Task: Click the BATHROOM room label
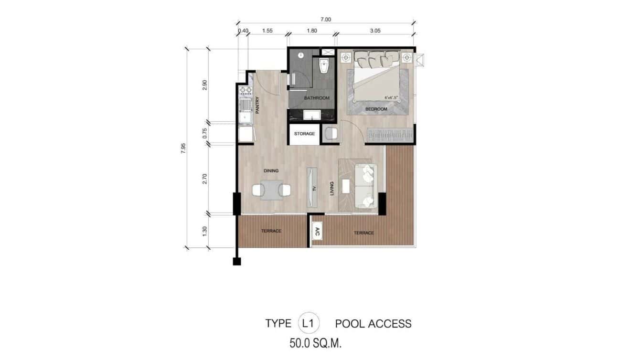[317, 98]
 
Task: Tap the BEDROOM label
[376, 109]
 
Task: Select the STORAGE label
[304, 134]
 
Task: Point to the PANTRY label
[257, 106]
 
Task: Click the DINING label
[271, 170]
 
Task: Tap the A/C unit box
[317, 232]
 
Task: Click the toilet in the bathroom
[324, 67]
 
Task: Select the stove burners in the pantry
[246, 90]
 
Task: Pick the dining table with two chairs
[271, 190]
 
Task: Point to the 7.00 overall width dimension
[325, 20]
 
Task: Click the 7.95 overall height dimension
[183, 148]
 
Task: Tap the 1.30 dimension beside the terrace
[205, 231]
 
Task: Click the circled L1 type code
[308, 323]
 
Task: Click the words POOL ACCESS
[373, 324]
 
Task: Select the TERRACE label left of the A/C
[271, 231]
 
